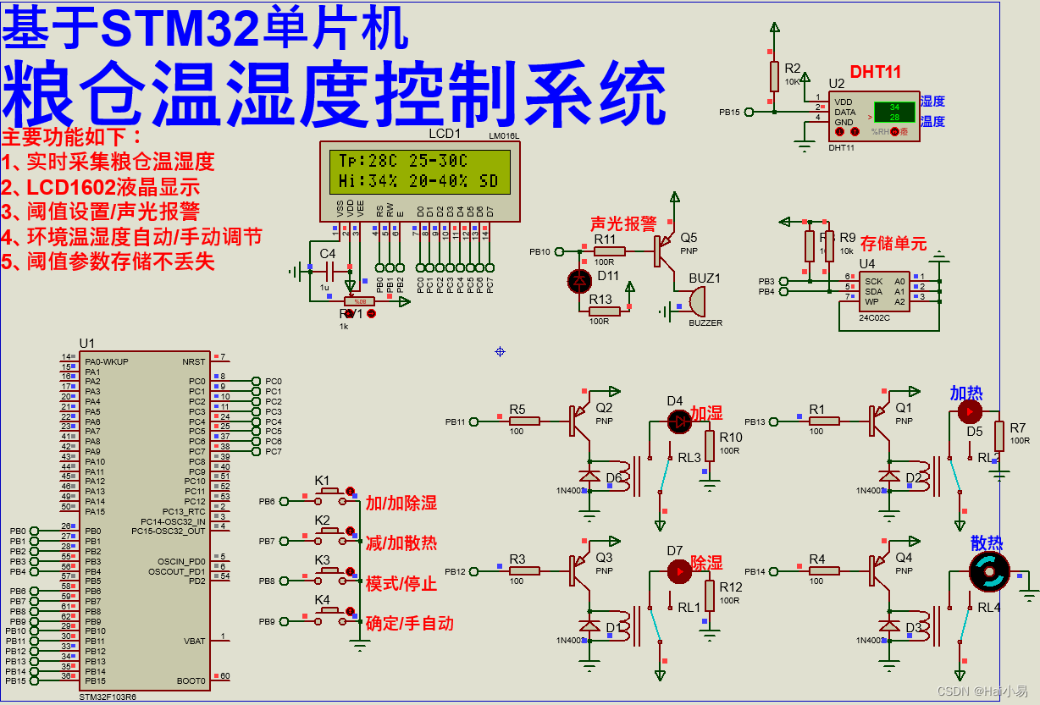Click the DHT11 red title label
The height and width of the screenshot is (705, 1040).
click(875, 72)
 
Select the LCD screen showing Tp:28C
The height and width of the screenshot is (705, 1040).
click(416, 170)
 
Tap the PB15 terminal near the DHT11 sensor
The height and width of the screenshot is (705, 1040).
click(729, 112)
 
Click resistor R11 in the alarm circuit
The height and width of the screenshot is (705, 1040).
click(609, 251)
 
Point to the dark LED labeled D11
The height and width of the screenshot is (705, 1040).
click(579, 279)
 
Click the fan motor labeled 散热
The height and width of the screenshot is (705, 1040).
click(989, 573)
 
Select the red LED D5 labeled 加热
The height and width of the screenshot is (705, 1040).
click(969, 412)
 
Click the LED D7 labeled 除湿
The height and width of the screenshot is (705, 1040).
click(678, 572)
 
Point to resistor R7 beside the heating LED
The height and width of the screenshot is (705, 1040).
click(999, 436)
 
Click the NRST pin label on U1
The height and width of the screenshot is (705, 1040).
click(193, 361)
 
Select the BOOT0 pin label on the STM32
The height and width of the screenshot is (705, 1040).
click(191, 681)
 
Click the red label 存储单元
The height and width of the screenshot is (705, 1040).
click(893, 244)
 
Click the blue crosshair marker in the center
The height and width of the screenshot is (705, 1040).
click(500, 350)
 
